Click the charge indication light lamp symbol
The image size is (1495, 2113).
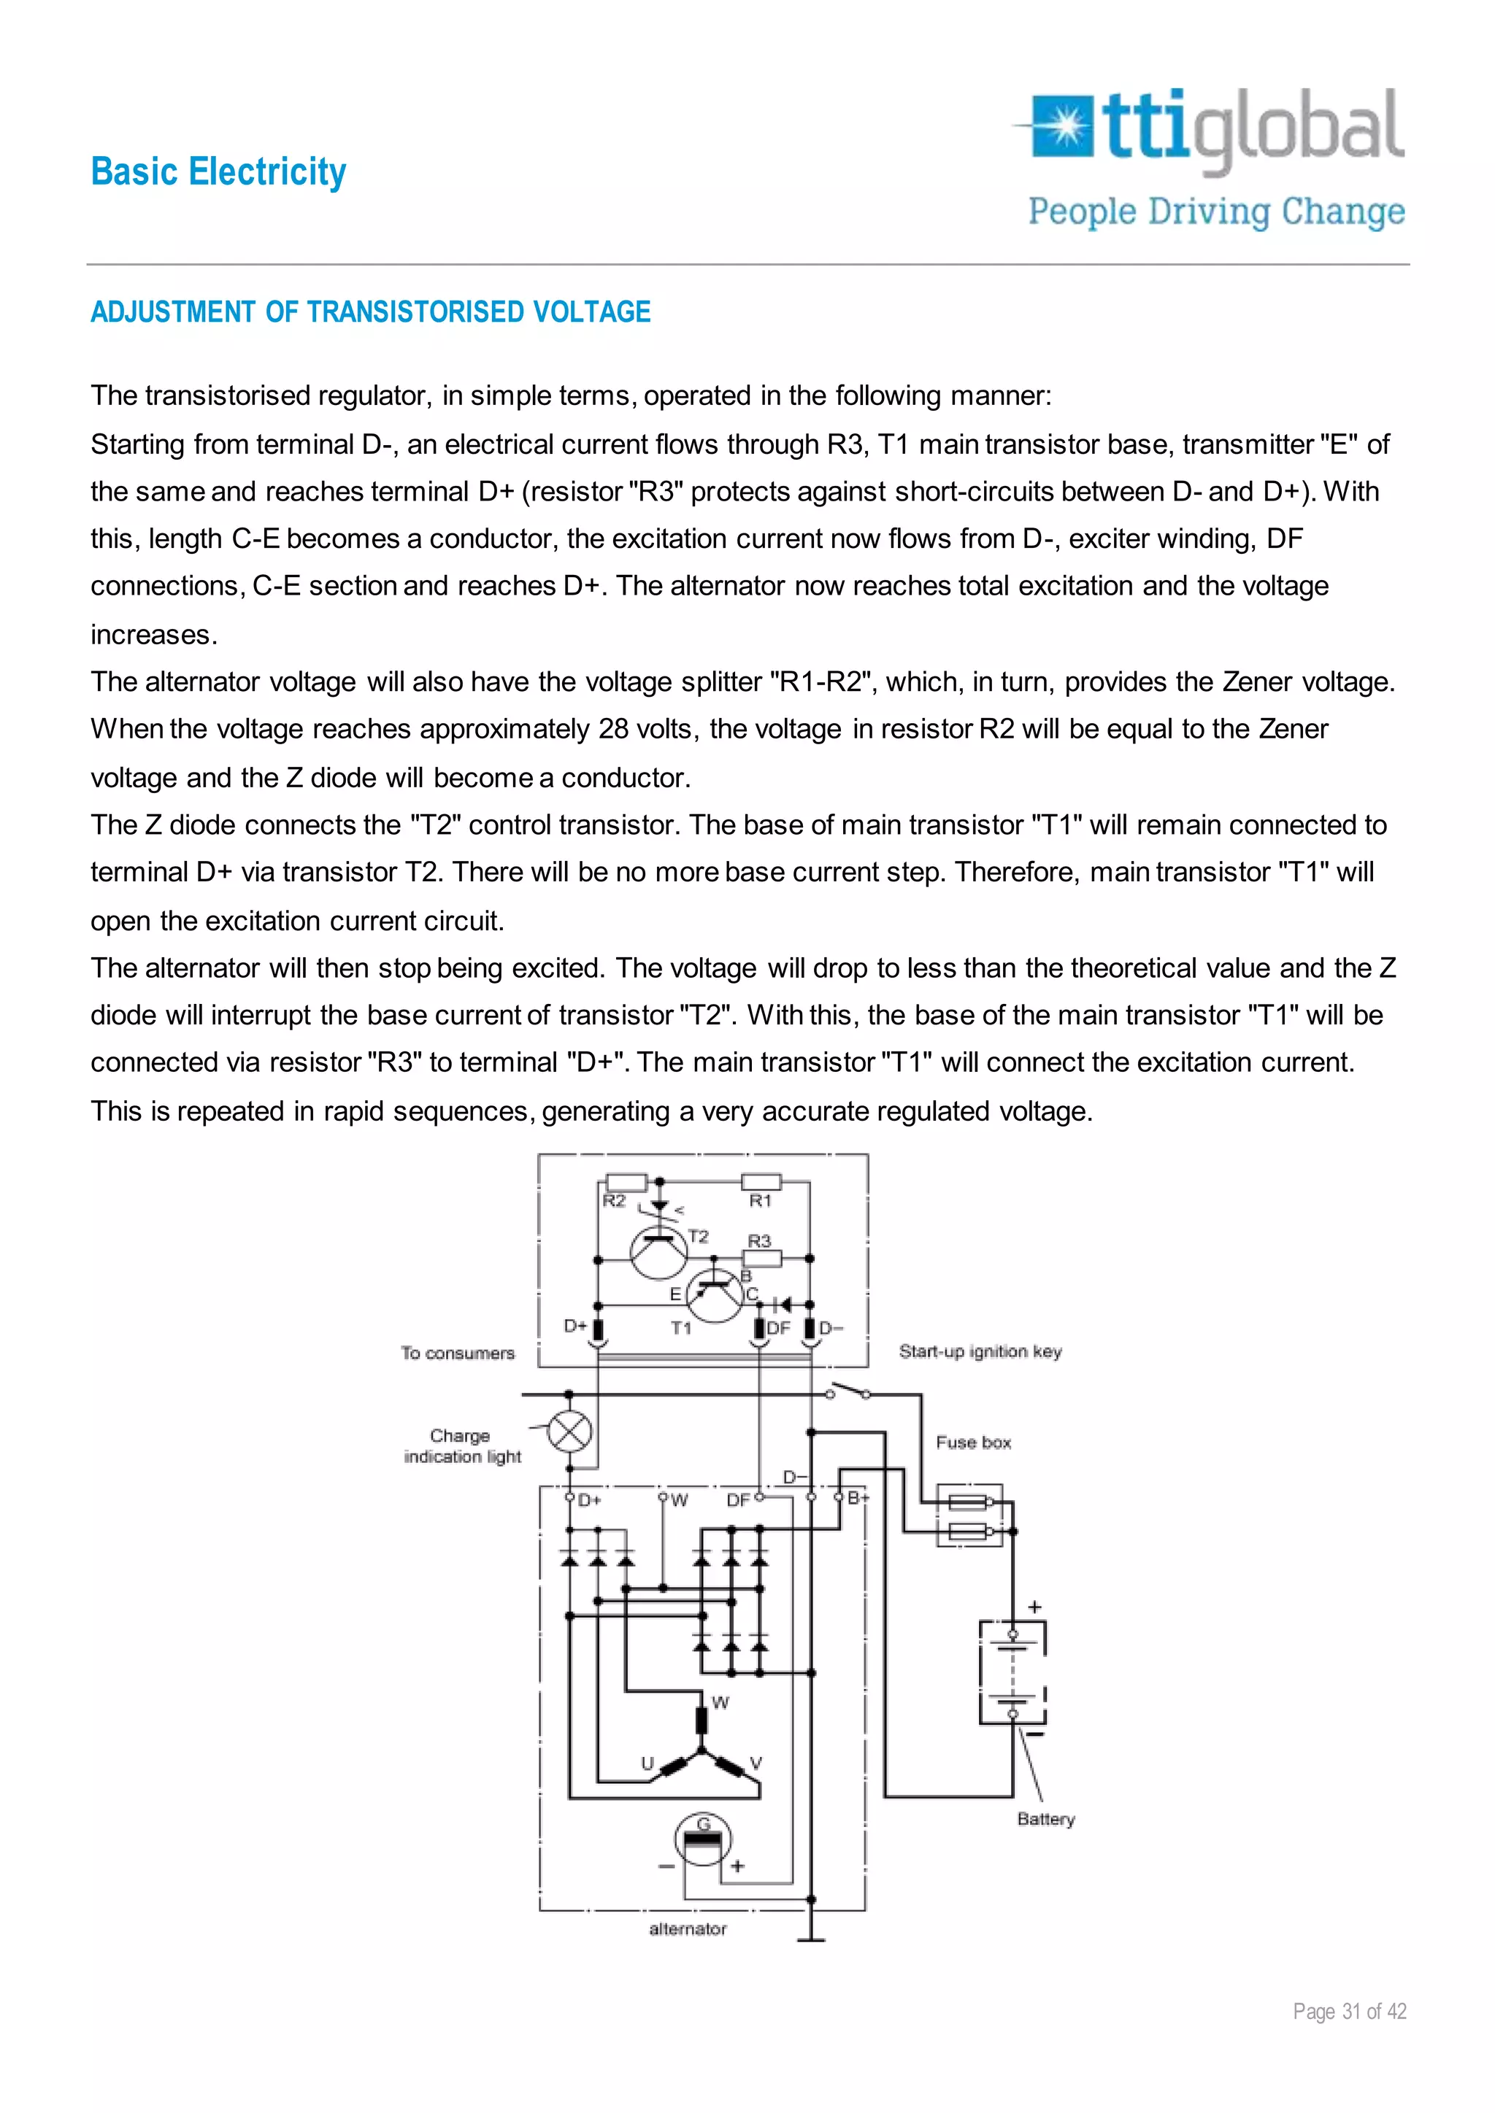[570, 1432]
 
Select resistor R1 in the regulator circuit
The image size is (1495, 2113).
[761, 1183]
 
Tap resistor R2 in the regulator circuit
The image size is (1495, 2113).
[626, 1183]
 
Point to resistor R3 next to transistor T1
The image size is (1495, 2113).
[762, 1258]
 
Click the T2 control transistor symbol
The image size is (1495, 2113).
[659, 1251]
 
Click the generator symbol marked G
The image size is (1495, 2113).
[703, 1839]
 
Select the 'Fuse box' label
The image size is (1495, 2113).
[973, 1442]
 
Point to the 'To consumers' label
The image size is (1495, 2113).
[458, 1353]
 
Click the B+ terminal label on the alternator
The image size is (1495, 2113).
[858, 1498]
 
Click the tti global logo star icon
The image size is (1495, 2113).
[1065, 127]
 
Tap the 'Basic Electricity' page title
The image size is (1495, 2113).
[219, 172]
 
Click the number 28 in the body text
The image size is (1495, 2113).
[613, 730]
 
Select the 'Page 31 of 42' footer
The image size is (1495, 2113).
[1350, 2012]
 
